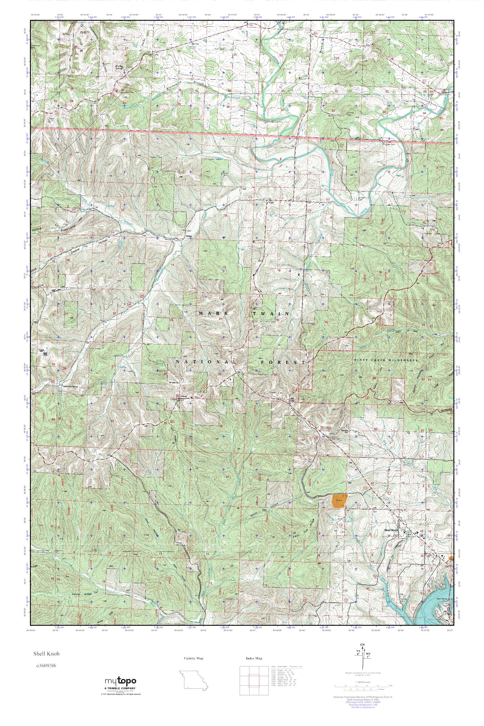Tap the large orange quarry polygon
click(339, 501)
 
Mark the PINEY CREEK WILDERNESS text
click(386, 360)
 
